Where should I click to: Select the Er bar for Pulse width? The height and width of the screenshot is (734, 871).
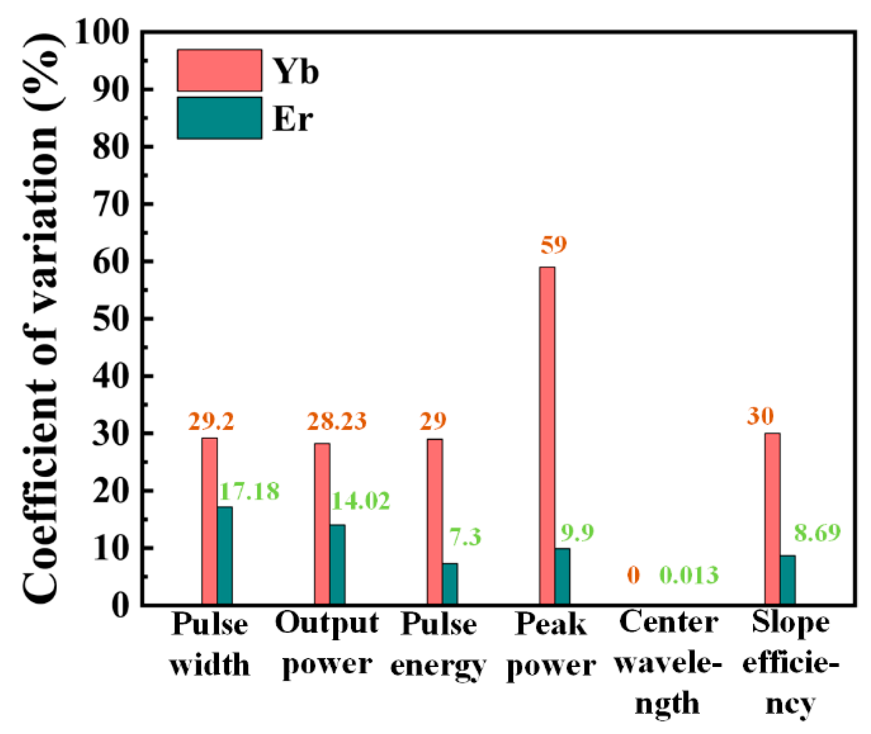225,555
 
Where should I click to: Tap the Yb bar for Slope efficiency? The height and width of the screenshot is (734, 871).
772,518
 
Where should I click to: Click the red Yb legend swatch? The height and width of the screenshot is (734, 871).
220,70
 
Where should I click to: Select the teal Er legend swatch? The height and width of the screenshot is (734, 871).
220,118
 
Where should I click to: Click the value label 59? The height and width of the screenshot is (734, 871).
554,245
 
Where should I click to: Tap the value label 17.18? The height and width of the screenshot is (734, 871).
249,491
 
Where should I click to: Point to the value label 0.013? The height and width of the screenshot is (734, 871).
689,575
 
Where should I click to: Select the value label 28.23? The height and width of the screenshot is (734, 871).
337,421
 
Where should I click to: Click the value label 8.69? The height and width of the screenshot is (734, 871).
817,532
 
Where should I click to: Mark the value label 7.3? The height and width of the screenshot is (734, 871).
465,537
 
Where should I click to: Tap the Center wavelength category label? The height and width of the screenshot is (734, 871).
668,663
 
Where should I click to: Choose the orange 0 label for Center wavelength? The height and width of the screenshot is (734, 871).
633,575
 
